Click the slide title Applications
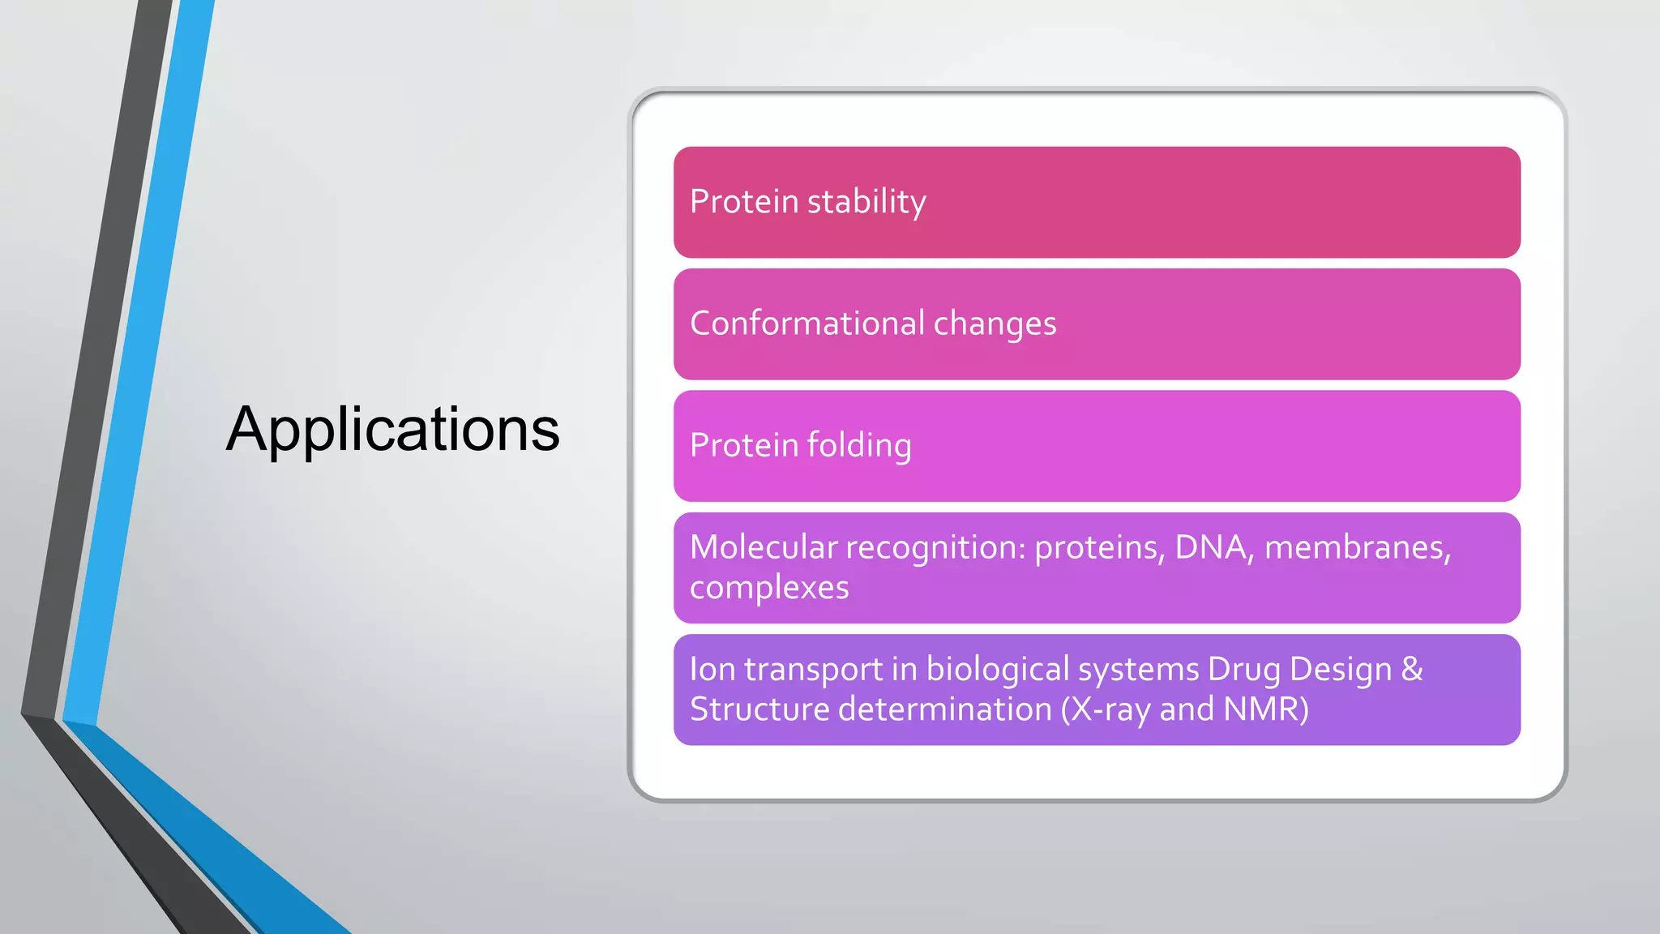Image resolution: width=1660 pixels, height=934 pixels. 392,430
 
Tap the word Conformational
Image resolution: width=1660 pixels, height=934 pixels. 807,323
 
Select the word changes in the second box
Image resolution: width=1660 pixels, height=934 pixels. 995,324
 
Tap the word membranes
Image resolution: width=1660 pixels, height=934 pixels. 1355,547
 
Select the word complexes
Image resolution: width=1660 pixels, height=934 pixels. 769,588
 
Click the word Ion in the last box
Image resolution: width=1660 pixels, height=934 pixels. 712,670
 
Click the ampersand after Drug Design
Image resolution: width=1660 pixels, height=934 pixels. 1411,670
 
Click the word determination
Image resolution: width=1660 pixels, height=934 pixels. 944,709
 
